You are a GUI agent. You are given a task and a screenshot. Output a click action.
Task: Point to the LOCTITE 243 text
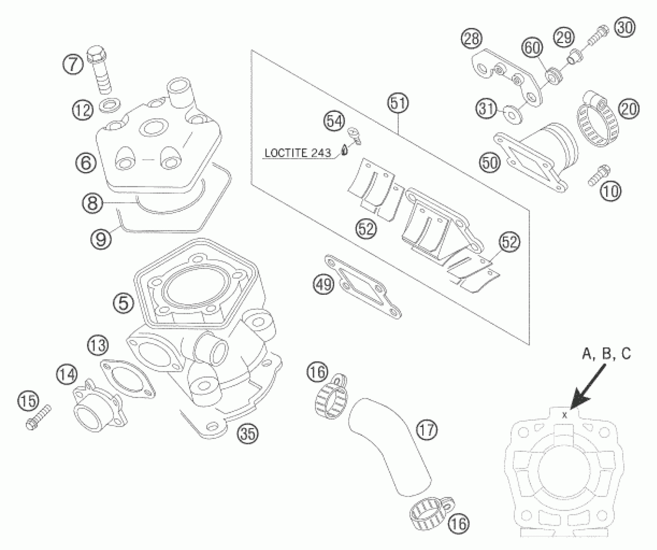point(298,153)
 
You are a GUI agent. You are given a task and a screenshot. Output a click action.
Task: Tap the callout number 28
point(471,39)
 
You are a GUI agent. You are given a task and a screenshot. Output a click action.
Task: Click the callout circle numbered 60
point(532,48)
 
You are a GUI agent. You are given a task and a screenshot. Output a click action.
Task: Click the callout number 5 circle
point(124,303)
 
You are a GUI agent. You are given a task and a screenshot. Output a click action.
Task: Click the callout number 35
point(248,433)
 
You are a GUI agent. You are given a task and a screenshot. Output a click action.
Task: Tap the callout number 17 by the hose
point(427,430)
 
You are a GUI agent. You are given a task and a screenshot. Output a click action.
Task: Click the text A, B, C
point(606,354)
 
